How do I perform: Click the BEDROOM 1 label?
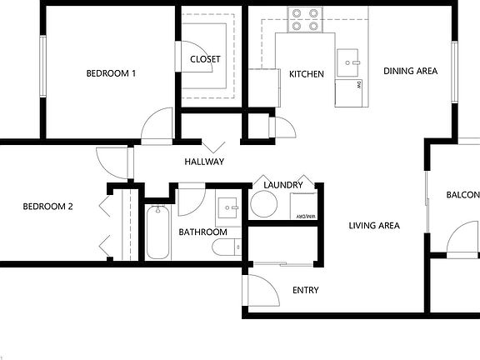[111, 73]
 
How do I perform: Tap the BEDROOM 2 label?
[47, 207]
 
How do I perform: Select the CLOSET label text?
[205, 59]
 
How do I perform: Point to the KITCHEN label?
[306, 74]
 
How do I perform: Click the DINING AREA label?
[410, 72]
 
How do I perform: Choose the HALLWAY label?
[204, 162]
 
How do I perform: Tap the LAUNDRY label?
[281, 185]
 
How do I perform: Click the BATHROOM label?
[202, 232]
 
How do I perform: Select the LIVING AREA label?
[373, 226]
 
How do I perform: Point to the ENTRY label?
[305, 291]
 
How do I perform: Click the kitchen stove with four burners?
[306, 20]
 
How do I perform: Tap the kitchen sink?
[349, 61]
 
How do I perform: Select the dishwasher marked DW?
[351, 92]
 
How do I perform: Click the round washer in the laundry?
[263, 205]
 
